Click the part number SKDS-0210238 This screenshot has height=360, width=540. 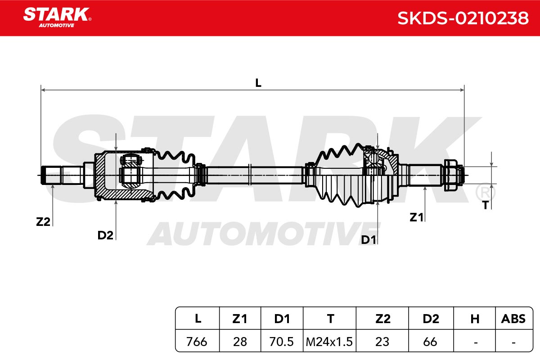coord(463,18)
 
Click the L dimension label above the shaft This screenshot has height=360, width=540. coord(258,83)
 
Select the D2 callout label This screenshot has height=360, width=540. coord(105,235)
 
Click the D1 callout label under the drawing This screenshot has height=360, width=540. coord(368,240)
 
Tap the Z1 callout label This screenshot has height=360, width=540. coord(417,217)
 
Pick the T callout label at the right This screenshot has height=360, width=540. coord(485,205)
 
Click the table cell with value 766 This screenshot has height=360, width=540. coord(197,342)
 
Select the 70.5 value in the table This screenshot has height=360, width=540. coord(282,342)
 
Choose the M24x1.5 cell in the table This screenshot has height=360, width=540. coord(330,342)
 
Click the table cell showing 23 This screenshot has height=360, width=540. coord(382,342)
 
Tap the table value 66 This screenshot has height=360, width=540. coord(430,342)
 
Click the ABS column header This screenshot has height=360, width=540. coord(513,319)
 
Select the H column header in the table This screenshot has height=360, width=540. coord(475,319)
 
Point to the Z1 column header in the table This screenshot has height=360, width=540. coord(240,319)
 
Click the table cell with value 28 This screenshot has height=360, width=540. coord(240,342)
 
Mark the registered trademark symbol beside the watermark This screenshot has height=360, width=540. coord(485,193)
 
